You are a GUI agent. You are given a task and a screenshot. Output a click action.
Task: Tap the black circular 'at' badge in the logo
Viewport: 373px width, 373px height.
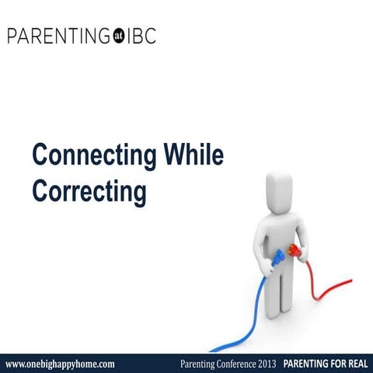[119, 37]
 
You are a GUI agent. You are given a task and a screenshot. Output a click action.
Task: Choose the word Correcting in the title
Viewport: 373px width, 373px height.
[89, 190]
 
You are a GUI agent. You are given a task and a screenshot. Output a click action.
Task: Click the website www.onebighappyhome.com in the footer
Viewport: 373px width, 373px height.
[60, 364]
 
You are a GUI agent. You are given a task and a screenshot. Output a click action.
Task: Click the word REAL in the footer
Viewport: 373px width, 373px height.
[354, 364]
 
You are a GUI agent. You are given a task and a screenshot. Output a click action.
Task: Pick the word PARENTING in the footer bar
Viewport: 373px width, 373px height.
[305, 364]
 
